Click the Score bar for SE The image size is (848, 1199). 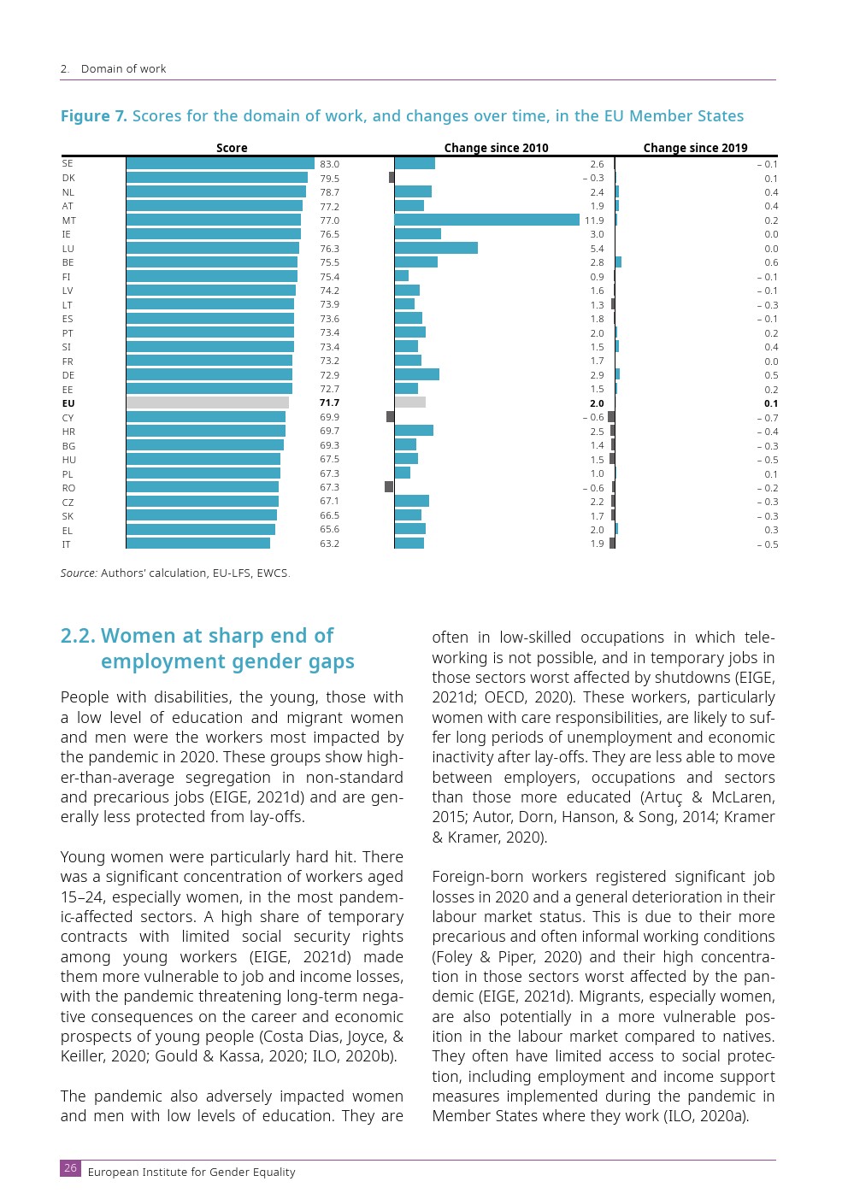click(220, 163)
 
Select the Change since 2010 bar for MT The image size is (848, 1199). click(486, 220)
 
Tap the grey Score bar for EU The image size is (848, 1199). click(207, 403)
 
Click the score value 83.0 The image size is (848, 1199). click(329, 164)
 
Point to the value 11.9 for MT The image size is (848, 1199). click(594, 220)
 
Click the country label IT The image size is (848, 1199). click(67, 544)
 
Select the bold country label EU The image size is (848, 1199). click(68, 403)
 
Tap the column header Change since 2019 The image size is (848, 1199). click(695, 148)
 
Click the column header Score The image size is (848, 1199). click(232, 148)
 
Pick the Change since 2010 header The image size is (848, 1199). click(496, 148)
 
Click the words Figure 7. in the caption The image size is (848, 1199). click(93, 116)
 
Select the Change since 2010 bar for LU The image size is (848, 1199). click(436, 248)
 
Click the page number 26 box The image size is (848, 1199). click(70, 1168)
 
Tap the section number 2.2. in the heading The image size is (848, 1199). click(79, 636)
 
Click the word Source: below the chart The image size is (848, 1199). click(79, 573)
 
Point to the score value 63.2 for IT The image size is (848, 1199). click(329, 544)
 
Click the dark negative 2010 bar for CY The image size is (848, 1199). click(391, 417)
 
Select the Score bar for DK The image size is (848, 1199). click(216, 178)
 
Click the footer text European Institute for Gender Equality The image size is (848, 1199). click(191, 1173)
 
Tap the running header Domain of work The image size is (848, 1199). click(123, 69)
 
